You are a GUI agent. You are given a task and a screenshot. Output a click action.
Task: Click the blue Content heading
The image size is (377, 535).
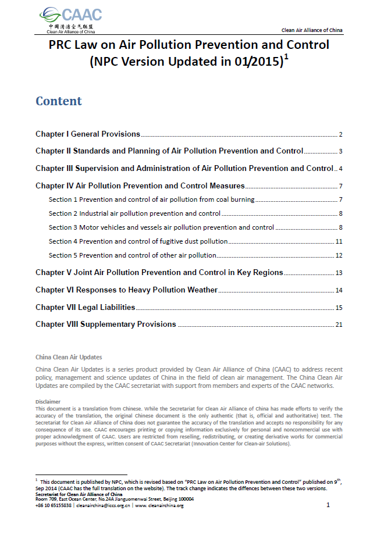coord(59,101)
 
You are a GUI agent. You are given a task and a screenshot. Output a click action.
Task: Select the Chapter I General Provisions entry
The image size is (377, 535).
coord(88,134)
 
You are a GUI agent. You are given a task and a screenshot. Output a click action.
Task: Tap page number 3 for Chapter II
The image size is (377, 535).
coord(340,152)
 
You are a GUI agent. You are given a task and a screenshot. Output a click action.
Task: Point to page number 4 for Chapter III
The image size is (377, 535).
coord(340,169)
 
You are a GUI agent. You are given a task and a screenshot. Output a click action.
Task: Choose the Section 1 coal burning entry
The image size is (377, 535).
coord(151,199)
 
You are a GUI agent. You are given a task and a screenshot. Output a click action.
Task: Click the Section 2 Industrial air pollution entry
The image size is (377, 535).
coord(134,213)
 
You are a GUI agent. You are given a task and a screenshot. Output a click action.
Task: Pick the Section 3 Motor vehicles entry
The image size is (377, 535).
coord(161,227)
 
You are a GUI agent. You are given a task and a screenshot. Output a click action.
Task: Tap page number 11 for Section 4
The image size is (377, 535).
coord(339,241)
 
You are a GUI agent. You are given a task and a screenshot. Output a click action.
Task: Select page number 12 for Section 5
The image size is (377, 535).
coord(339,255)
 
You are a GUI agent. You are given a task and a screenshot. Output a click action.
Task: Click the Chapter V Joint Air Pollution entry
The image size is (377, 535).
coord(159,272)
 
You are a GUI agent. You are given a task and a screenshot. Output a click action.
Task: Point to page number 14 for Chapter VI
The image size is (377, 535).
coord(339,290)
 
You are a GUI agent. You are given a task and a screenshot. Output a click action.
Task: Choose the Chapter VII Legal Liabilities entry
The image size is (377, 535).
coord(85,307)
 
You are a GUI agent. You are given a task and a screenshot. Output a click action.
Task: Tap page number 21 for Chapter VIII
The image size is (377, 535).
coord(339,324)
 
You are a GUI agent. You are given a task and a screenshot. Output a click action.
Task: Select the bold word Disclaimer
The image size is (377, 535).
coord(48,402)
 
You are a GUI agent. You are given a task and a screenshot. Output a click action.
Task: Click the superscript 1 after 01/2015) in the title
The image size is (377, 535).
coord(287,57)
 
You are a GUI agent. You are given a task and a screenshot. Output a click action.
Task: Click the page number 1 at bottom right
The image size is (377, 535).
coord(328,505)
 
